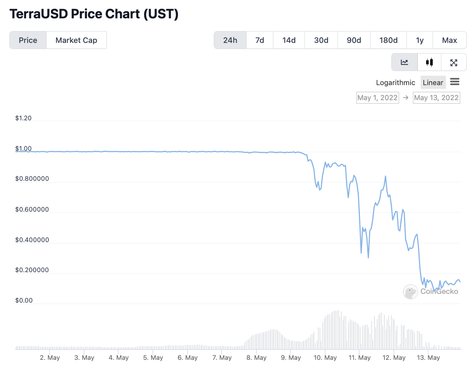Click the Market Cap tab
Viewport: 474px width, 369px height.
pyautogui.click(x=76, y=40)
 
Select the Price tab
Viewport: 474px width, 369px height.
pyautogui.click(x=28, y=40)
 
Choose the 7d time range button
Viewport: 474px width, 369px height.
pyautogui.click(x=260, y=40)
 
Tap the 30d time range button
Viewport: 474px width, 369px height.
pyautogui.click(x=321, y=40)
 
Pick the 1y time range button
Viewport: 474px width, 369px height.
pyautogui.click(x=420, y=40)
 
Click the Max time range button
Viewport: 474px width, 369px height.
pyautogui.click(x=449, y=40)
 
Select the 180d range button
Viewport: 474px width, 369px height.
pyautogui.click(x=389, y=40)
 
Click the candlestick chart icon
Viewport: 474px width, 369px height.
pyautogui.click(x=429, y=62)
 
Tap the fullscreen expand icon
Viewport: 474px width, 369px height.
pyautogui.click(x=454, y=62)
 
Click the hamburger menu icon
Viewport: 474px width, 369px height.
pyautogui.click(x=455, y=82)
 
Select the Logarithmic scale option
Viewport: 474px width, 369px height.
pyautogui.click(x=395, y=83)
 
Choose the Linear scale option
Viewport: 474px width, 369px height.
pyautogui.click(x=433, y=83)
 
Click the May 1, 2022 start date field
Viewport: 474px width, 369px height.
pyautogui.click(x=378, y=98)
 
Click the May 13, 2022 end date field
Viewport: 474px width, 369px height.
pyautogui.click(x=436, y=98)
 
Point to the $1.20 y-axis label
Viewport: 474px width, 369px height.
pyautogui.click(x=23, y=118)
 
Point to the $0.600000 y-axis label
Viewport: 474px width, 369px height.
pyautogui.click(x=32, y=209)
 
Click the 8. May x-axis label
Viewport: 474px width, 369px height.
pyautogui.click(x=256, y=358)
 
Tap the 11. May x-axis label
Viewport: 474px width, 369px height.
pyautogui.click(x=360, y=358)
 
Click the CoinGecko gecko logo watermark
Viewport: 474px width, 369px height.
pyautogui.click(x=410, y=292)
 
